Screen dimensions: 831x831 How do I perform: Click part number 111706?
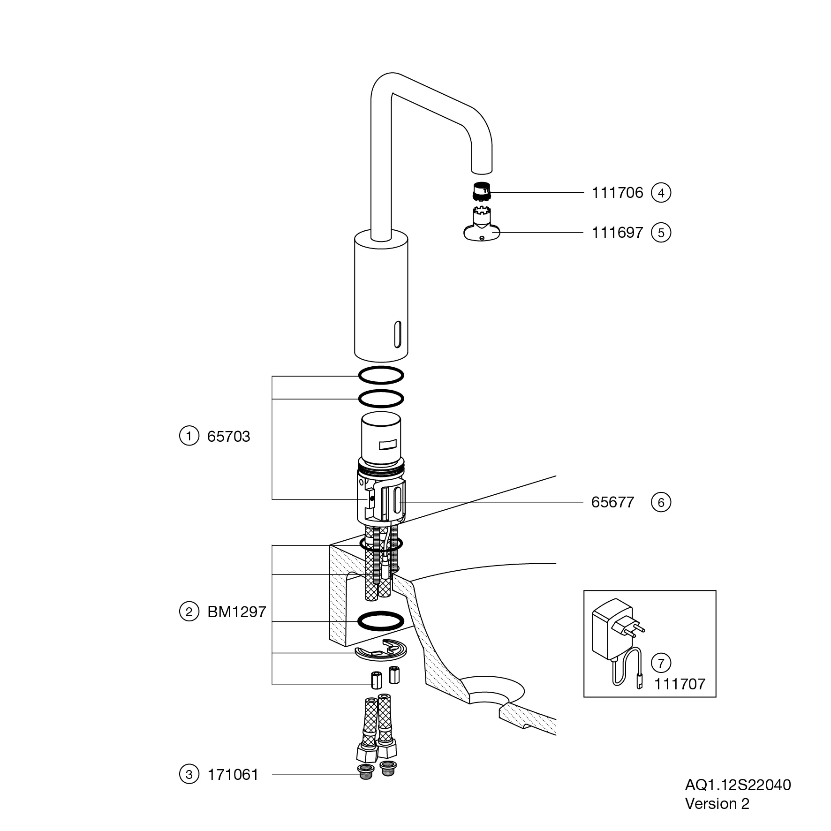click(x=617, y=193)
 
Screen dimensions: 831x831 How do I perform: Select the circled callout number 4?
click(x=661, y=193)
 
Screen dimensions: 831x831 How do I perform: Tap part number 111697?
click(x=617, y=233)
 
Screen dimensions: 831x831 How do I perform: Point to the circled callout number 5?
click(x=661, y=233)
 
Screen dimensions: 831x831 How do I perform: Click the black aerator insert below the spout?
click(x=480, y=190)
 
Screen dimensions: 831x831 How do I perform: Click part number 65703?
click(x=228, y=437)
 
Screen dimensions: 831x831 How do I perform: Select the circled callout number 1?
click(x=189, y=437)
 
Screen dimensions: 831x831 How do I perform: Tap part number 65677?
click(x=612, y=502)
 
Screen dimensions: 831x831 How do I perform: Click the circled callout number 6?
click(x=661, y=502)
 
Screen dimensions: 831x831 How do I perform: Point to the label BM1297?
click(x=236, y=612)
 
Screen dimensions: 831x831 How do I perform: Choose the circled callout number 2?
click(x=189, y=612)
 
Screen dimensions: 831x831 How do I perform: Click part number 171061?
click(x=233, y=775)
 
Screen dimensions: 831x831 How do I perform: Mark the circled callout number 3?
click(x=189, y=775)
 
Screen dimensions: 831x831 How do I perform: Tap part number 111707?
click(x=680, y=684)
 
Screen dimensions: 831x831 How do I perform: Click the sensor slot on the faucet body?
click(x=398, y=334)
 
